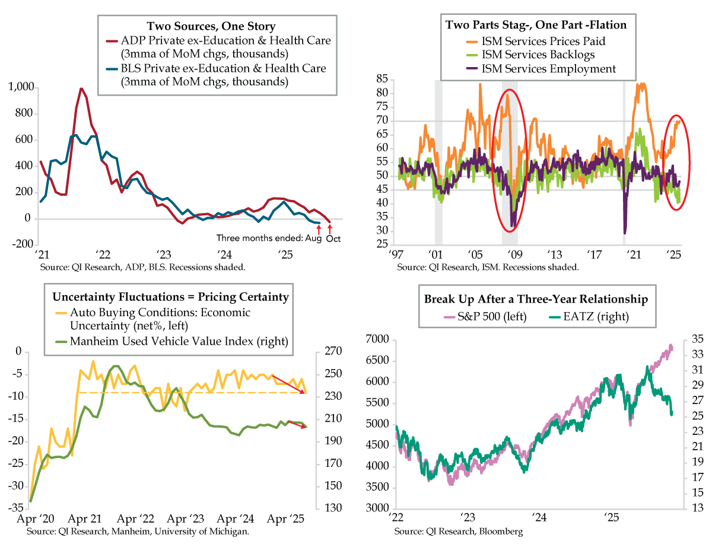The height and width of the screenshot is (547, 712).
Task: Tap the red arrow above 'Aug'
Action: point(318,228)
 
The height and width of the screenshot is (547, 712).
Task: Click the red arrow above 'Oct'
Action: point(330,228)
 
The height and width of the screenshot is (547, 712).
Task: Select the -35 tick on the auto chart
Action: point(14,508)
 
